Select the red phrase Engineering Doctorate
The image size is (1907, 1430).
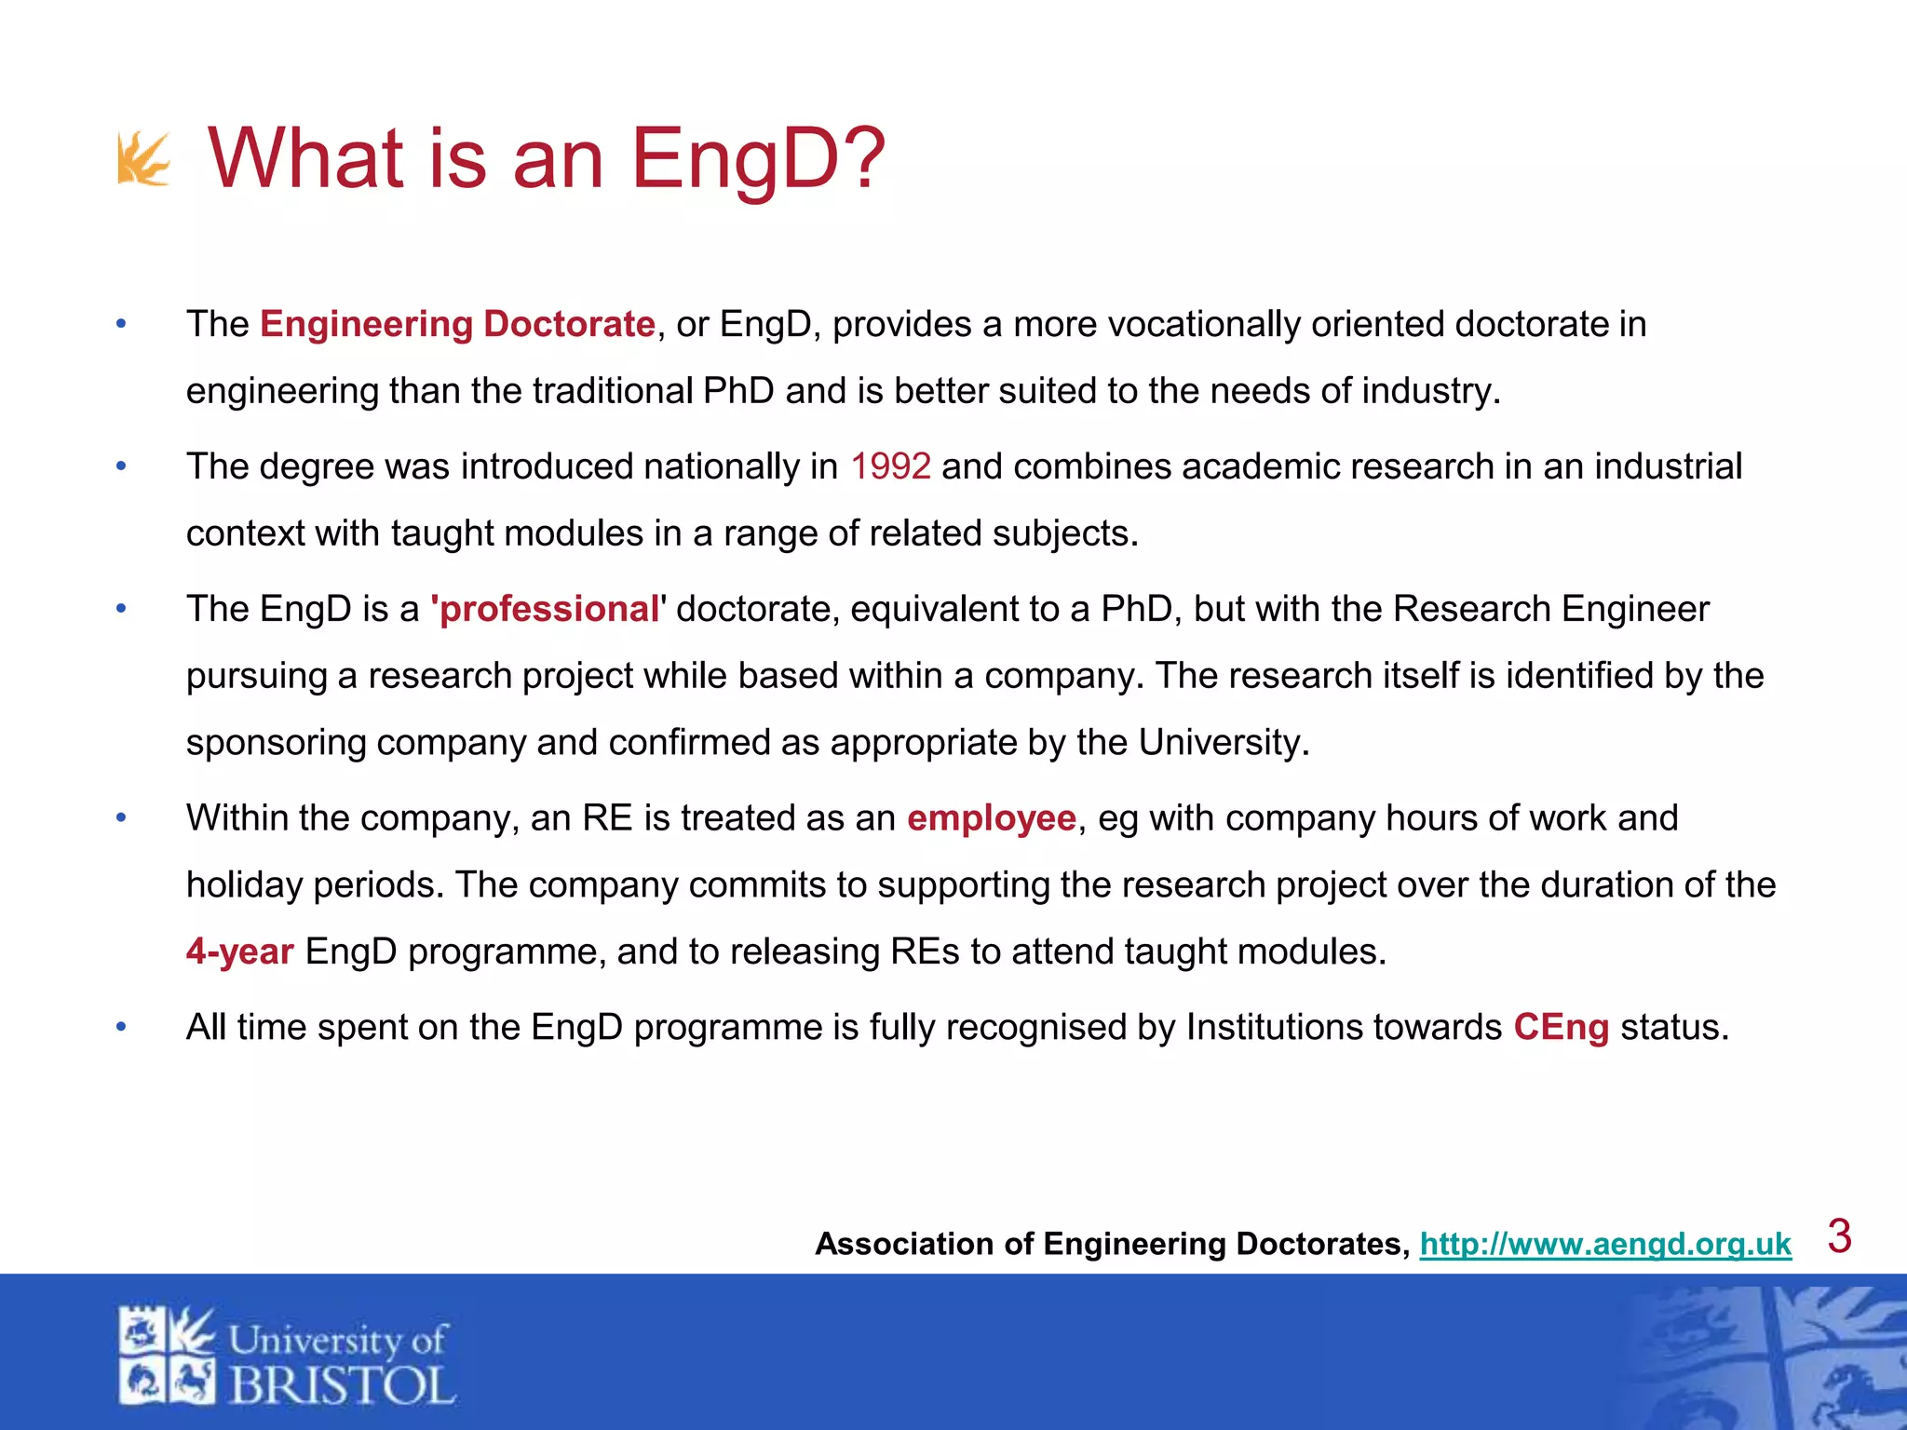(457, 324)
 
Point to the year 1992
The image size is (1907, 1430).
(890, 466)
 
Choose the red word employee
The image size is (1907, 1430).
(992, 818)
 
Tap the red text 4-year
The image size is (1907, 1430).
(240, 951)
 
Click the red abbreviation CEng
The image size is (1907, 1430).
(1561, 1027)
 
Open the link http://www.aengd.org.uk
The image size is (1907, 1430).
(1605, 1244)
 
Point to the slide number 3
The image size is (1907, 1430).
(1839, 1236)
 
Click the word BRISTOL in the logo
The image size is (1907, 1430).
(342, 1386)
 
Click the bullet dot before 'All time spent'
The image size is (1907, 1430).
(121, 1027)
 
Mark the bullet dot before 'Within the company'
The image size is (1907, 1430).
(121, 818)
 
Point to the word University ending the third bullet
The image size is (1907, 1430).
(1223, 743)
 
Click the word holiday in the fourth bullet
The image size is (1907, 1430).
(244, 884)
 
